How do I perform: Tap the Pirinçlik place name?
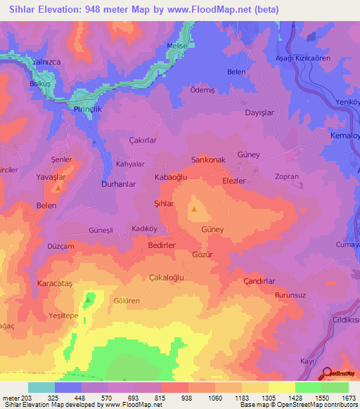tap(89, 110)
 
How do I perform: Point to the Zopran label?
tap(287, 178)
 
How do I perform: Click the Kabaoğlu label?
tap(171, 178)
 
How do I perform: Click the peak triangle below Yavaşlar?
tap(58, 188)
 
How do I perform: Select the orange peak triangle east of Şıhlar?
tap(195, 209)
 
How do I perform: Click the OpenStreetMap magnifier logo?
tap(326, 373)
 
